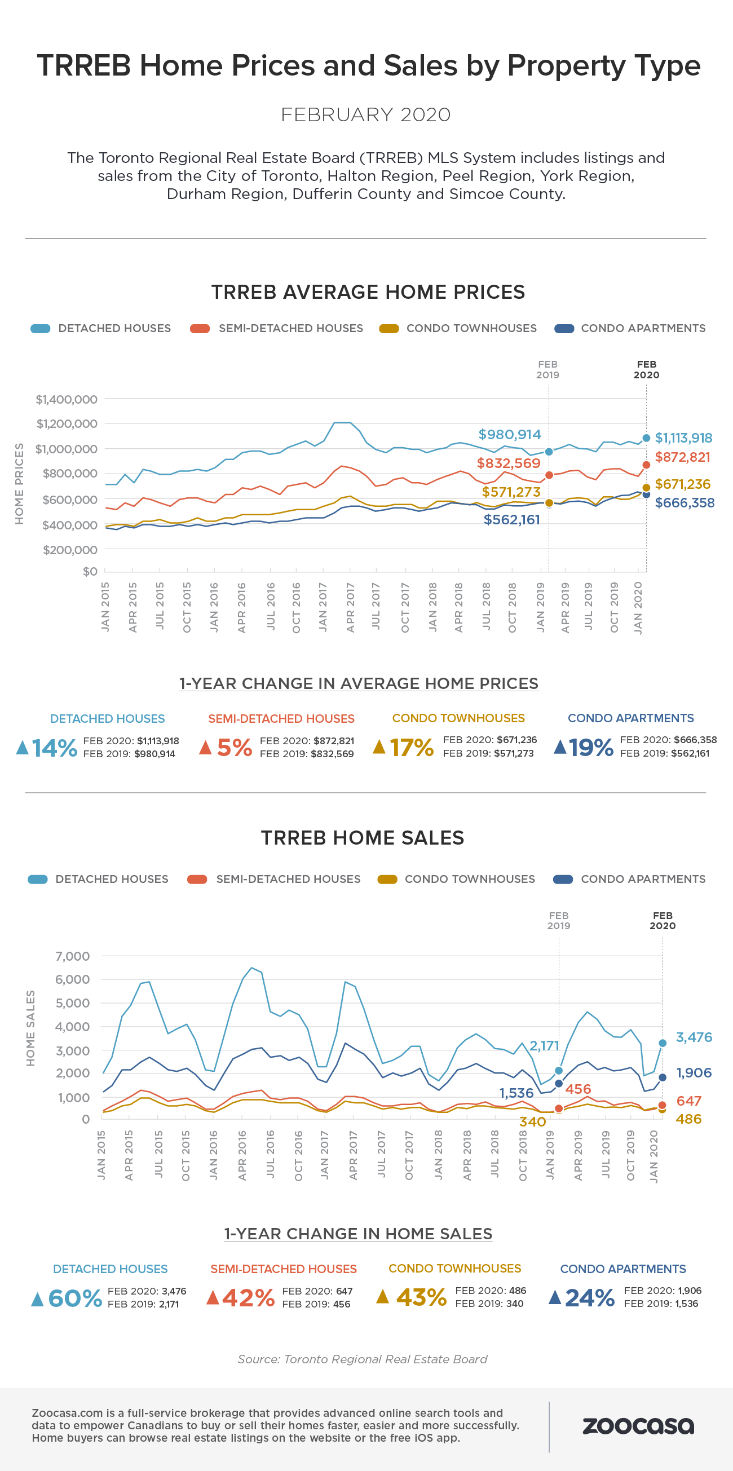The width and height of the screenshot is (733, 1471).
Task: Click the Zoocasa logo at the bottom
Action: [638, 1426]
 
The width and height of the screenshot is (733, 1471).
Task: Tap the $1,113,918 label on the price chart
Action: [683, 438]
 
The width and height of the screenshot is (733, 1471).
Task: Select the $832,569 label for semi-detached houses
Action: [509, 463]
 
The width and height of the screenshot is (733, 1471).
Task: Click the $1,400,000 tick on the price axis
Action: [67, 399]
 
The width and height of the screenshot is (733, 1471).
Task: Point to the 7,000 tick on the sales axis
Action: [73, 956]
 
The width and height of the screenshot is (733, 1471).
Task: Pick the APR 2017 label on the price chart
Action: [351, 607]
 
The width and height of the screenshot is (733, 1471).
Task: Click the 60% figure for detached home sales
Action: [75, 1298]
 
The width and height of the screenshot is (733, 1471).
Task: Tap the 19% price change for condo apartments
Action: [591, 747]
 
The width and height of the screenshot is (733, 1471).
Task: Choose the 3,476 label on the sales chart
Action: [694, 1037]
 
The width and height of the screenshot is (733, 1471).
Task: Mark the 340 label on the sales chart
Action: [533, 1121]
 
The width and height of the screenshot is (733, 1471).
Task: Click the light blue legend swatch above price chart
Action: [41, 329]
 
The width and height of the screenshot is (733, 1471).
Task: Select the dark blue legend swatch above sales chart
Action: [563, 880]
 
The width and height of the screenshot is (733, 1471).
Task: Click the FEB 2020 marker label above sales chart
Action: [662, 921]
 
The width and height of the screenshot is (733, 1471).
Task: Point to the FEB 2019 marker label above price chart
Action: [547, 369]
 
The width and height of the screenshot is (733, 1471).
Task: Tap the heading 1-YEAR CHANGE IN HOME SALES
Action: [358, 1234]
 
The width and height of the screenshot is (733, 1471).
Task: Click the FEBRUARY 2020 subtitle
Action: [366, 115]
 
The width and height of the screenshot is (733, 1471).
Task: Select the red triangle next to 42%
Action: [213, 1297]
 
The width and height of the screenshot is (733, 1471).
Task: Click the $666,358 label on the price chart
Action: [685, 503]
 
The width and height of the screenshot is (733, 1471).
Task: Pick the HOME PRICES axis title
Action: [19, 484]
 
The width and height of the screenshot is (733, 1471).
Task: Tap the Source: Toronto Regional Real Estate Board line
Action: [363, 1359]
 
